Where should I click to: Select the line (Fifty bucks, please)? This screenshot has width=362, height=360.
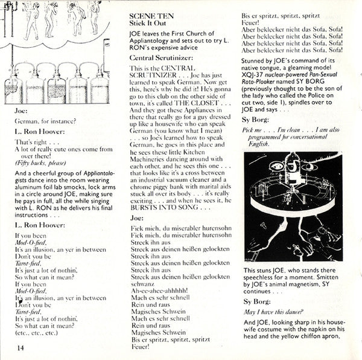coord(42,180)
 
